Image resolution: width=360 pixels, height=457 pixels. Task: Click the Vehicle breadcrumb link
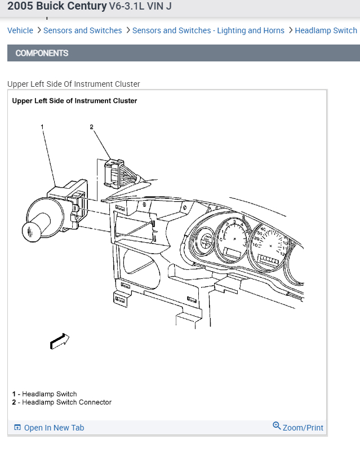tap(20, 30)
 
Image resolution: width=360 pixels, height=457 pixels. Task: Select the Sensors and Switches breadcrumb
tap(82, 30)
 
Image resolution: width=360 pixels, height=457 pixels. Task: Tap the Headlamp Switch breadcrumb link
tap(326, 30)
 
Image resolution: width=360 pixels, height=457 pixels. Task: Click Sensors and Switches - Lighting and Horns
tap(208, 30)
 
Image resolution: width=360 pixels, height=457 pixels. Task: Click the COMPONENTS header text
tap(42, 53)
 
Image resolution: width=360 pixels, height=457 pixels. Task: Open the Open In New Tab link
tap(54, 428)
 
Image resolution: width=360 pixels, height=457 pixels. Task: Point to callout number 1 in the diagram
tap(42, 127)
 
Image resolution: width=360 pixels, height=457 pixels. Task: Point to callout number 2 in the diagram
tap(91, 127)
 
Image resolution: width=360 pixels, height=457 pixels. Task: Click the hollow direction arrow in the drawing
tap(60, 340)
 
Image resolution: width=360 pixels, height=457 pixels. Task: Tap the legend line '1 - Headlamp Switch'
tap(45, 394)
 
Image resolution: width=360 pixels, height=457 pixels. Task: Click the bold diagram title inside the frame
tap(74, 101)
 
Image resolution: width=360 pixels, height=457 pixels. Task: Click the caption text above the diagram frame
tap(73, 84)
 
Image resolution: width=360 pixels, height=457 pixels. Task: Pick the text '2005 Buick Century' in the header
tap(56, 6)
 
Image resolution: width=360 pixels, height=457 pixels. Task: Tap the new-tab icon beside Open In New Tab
tap(17, 428)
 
